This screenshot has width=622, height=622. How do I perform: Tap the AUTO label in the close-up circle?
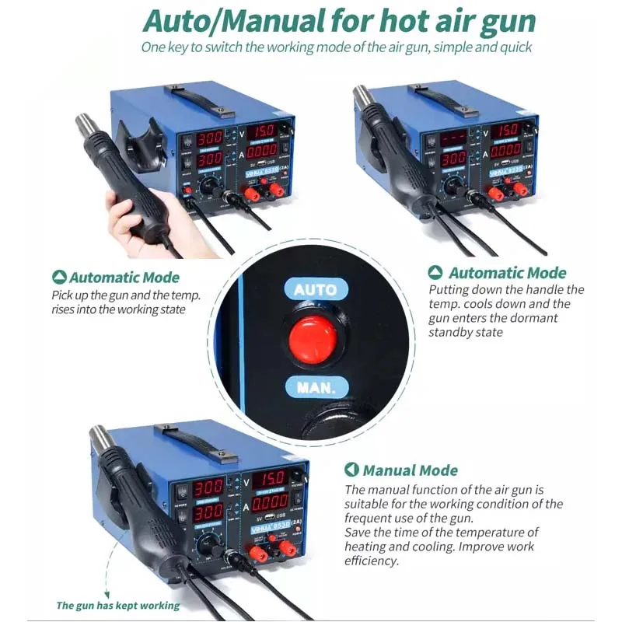tap(315, 290)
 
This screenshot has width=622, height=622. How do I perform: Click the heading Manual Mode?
tap(410, 470)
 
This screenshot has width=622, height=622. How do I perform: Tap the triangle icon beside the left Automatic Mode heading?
tap(58, 278)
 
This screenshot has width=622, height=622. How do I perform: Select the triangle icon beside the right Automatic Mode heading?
tap(435, 273)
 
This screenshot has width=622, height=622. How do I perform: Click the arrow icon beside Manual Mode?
tap(351, 470)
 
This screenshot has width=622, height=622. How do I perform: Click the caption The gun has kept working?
tap(117, 605)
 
